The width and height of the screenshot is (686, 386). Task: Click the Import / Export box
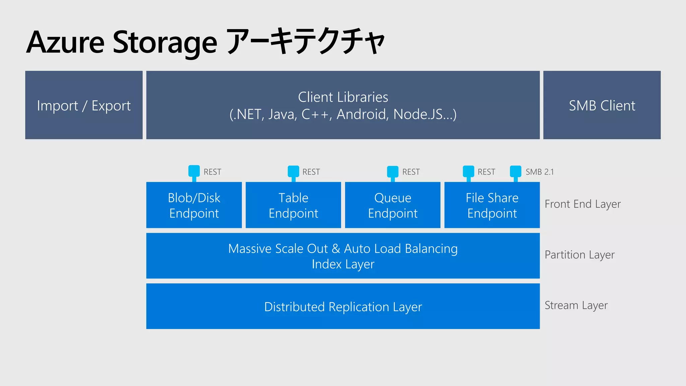click(84, 105)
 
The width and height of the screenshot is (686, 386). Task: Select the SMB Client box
click(602, 105)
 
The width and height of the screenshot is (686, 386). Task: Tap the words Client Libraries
click(343, 97)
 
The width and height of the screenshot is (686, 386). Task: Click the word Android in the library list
click(362, 114)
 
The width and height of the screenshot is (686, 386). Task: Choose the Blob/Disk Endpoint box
click(194, 205)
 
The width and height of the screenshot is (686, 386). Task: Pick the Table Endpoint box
click(293, 205)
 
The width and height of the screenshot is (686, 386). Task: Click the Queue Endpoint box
click(393, 205)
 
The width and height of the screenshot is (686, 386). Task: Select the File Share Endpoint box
click(492, 205)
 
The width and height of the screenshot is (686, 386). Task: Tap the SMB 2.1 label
click(540, 172)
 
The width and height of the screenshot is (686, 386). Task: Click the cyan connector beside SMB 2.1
click(516, 171)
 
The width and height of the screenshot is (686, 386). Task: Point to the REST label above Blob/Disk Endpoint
click(212, 172)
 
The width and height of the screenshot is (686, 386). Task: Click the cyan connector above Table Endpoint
click(293, 171)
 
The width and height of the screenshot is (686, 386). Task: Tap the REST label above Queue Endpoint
click(411, 172)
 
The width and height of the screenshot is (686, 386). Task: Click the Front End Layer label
click(582, 204)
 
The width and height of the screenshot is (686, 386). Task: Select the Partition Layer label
click(579, 255)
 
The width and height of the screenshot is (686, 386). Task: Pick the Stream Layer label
click(576, 305)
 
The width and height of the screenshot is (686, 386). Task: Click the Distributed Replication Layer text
click(343, 307)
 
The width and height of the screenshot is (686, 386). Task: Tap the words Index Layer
click(343, 264)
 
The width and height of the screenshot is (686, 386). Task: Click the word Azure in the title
click(66, 42)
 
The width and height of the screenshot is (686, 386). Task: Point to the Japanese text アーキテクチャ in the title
click(305, 42)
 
